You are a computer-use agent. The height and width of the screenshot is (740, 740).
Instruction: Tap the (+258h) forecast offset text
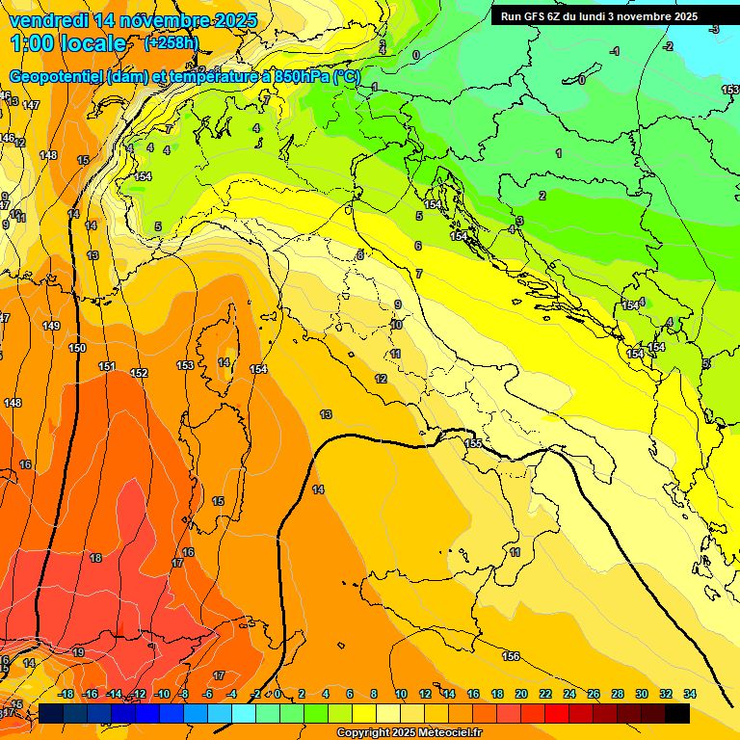click(171, 42)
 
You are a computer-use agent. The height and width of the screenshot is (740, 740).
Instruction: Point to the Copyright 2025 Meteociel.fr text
click(410, 733)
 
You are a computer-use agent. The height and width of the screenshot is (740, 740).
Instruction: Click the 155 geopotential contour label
click(473, 443)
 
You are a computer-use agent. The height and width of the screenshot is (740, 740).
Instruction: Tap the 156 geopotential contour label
click(511, 656)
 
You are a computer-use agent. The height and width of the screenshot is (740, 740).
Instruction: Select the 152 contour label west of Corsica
click(139, 373)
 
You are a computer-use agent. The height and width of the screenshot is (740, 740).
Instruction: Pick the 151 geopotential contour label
click(107, 367)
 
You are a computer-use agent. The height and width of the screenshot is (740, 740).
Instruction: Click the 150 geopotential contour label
click(77, 348)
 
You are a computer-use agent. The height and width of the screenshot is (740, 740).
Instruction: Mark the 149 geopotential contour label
click(51, 326)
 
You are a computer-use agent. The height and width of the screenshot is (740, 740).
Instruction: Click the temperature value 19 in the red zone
click(78, 652)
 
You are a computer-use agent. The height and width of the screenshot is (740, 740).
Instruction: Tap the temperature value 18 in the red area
click(95, 558)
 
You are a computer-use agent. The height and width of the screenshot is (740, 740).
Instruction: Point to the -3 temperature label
click(713, 30)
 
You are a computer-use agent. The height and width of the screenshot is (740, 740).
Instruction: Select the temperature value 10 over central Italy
click(396, 326)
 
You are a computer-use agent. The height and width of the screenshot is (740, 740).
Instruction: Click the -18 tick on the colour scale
click(66, 694)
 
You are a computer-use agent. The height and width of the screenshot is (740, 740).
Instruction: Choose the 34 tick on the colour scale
click(689, 694)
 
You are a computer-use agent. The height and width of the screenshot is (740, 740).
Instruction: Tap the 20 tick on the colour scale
click(521, 694)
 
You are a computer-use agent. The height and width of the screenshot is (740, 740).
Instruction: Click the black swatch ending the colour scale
click(676, 713)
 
